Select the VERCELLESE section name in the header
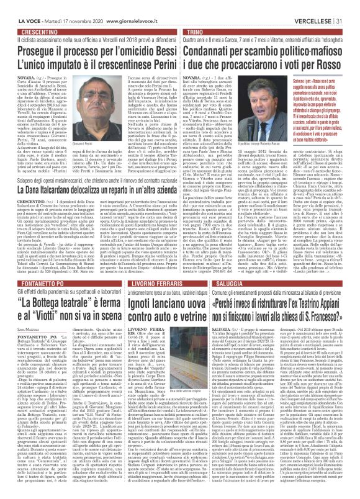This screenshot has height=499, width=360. pos(322,6)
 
